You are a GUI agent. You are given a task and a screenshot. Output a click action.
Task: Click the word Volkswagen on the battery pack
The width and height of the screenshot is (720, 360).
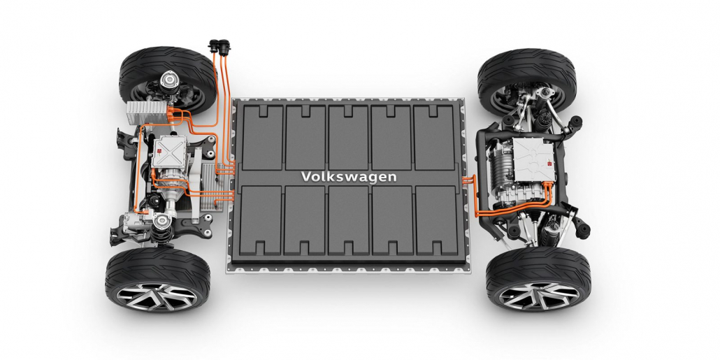point(348,177)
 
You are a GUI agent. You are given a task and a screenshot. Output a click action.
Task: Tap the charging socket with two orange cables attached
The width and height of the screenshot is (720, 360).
point(224,48)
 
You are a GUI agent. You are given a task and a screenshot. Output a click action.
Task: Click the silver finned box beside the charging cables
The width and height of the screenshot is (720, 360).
point(147,113)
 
